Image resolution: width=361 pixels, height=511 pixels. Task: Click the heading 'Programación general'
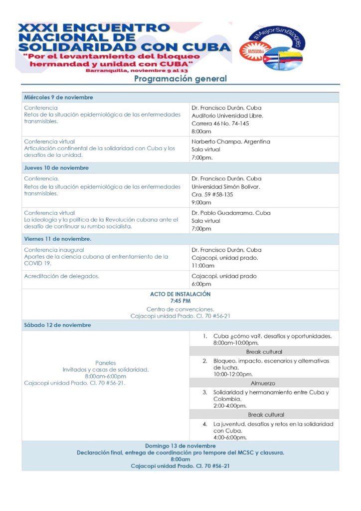[180, 78]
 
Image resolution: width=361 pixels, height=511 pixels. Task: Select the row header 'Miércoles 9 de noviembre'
[59, 97]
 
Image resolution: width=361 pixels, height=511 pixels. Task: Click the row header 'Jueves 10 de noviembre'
[56, 168]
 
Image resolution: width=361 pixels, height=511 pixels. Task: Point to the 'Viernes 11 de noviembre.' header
[57, 239]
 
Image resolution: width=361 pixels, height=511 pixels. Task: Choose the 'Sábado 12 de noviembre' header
[57, 325]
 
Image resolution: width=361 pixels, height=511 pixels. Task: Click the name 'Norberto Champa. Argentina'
[231, 141]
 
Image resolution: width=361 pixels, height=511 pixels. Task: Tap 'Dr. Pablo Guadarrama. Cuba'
[231, 213]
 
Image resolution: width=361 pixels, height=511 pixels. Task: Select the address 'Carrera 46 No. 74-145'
[220, 123]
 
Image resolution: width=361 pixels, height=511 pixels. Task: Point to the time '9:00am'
[201, 203]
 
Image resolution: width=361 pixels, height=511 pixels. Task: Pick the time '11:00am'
[203, 266]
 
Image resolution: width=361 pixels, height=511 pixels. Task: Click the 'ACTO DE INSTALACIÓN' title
[180, 294]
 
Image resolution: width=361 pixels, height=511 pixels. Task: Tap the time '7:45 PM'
[180, 301]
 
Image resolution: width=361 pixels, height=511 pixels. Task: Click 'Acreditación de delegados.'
[61, 276]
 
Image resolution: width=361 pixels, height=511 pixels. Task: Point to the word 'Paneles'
[105, 363]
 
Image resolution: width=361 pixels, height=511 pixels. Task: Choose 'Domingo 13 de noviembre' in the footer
[180, 446]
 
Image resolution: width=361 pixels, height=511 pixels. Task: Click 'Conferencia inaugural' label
[54, 250]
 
